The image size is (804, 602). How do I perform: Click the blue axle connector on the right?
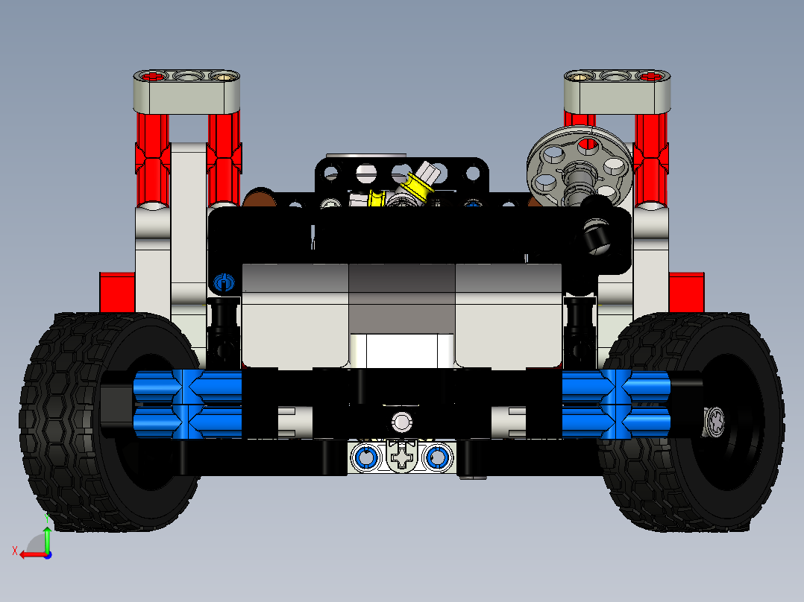tap(616, 404)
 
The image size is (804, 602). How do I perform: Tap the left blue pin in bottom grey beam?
tap(366, 457)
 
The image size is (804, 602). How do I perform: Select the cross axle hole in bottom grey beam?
tap(402, 457)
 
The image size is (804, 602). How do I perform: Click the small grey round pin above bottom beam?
tap(402, 422)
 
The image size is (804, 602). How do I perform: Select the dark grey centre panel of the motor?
tap(402, 298)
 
